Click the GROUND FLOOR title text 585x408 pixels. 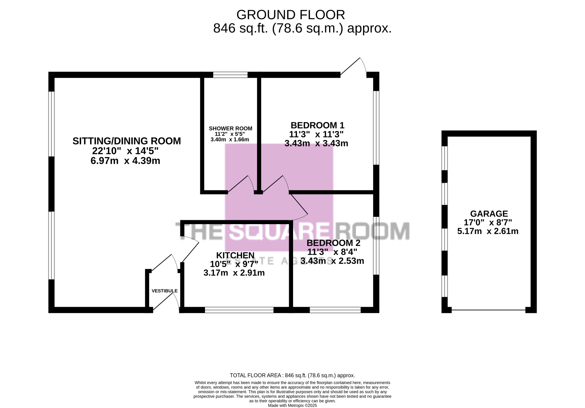[290, 15]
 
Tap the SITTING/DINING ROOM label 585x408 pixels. [127, 141]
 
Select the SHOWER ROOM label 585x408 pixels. [230, 129]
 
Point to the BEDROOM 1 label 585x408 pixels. [317, 125]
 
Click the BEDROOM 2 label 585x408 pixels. [333, 243]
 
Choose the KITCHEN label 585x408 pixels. [235, 255]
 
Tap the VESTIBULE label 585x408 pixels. [164, 291]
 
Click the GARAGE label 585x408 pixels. [489, 214]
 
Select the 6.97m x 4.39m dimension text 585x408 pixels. [125, 161]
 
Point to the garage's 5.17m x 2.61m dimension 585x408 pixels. [488, 231]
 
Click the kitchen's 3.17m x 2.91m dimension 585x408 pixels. [234, 273]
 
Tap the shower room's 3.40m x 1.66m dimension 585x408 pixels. [230, 139]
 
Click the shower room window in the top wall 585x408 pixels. [230, 75]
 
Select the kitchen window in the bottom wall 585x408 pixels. [239, 310]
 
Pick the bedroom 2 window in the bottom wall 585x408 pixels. [335, 310]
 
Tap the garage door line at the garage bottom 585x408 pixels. [488, 310]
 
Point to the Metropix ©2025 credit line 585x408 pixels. [292, 405]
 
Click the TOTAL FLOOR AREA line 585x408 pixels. [292, 375]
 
